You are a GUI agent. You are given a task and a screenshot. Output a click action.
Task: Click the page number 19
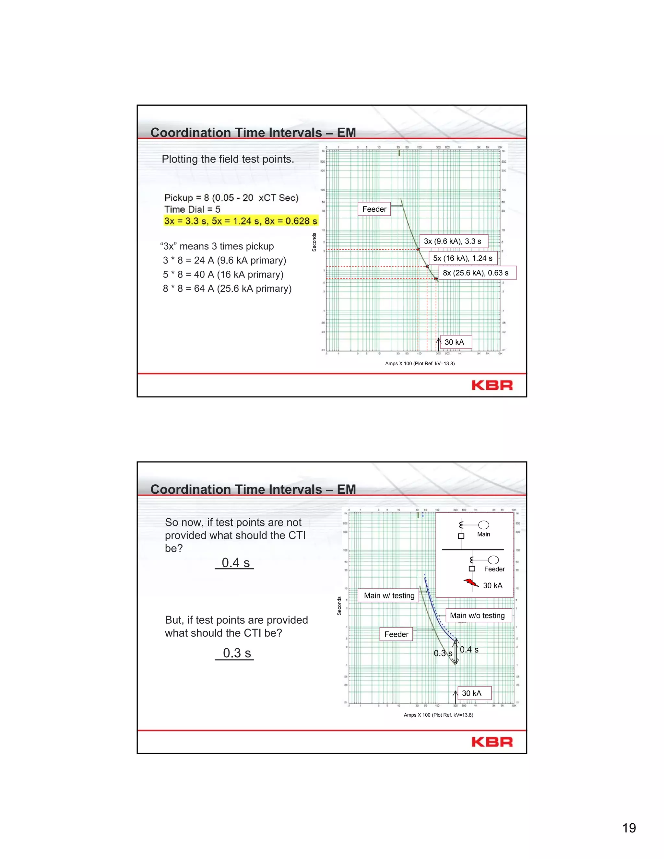629,828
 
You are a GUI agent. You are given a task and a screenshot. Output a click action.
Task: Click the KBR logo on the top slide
492,385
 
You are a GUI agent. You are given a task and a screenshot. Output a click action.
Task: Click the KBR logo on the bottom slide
492,742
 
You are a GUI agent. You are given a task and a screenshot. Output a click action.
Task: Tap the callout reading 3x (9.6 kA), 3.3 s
452,241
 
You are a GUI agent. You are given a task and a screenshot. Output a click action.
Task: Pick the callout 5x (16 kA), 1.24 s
463,258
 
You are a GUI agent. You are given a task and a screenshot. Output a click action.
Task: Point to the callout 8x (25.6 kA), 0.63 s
476,273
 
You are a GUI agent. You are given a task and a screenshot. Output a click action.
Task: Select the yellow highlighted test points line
240,221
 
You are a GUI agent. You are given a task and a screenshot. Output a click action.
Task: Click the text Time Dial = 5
192,209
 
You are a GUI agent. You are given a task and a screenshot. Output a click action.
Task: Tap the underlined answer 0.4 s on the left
235,562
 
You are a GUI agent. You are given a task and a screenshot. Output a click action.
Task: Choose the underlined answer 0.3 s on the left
236,653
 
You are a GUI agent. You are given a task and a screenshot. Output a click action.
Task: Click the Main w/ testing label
389,595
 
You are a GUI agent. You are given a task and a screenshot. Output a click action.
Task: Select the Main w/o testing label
477,616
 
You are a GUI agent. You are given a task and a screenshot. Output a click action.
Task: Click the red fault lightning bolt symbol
471,582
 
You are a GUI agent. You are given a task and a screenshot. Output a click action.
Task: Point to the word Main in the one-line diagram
483,534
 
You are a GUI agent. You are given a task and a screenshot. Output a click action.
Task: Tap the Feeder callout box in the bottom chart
396,634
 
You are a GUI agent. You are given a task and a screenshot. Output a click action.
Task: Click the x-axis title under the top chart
420,363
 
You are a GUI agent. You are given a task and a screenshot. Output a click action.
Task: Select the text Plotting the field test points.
228,159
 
